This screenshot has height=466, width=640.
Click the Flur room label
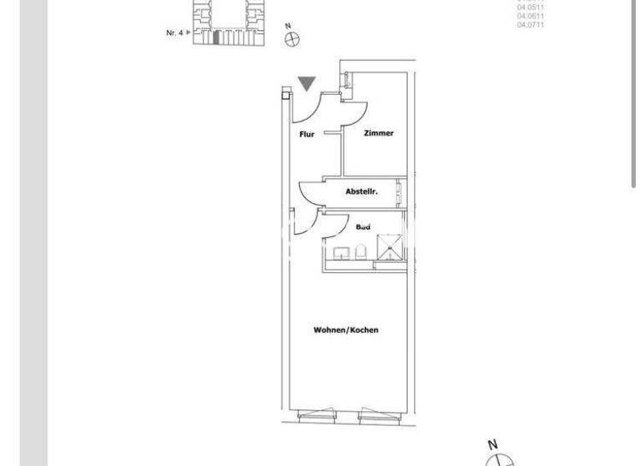point(307,134)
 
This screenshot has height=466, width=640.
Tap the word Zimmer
point(378,133)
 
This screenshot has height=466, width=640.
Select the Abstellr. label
point(362,191)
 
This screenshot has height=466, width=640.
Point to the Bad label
point(362,226)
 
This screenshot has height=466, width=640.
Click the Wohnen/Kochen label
point(346,330)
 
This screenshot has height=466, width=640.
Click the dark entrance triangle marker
point(307,83)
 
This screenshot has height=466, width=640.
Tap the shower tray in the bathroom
point(390,247)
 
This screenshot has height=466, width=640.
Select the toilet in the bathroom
point(361,251)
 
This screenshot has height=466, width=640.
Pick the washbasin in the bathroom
point(341,252)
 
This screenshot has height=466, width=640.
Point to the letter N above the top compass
point(288,26)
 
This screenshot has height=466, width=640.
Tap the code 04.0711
point(531,25)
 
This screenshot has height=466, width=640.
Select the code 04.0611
point(531,17)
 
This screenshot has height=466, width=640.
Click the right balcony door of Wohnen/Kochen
point(374,414)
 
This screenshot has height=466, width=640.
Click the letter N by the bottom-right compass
point(492,444)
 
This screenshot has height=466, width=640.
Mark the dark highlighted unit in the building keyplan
point(217,38)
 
